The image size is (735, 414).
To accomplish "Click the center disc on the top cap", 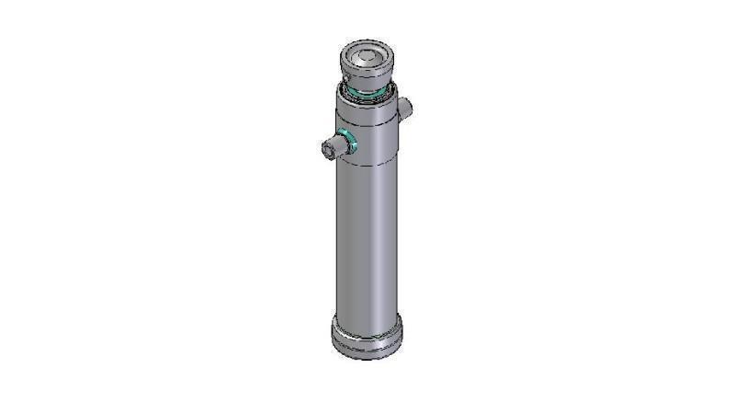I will [x=366, y=58].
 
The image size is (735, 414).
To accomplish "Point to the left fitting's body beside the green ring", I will [x=334, y=146].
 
